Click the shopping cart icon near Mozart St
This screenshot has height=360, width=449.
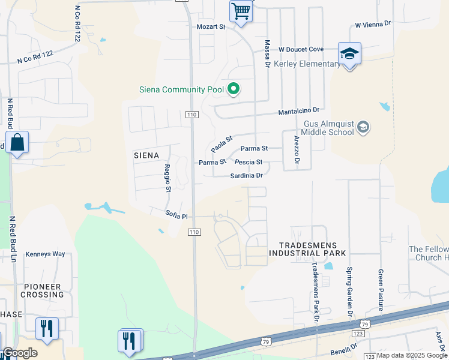click(241, 11)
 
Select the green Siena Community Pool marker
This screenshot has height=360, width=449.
click(233, 90)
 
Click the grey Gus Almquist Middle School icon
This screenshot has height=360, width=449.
click(363, 127)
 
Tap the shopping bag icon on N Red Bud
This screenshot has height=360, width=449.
click(17, 143)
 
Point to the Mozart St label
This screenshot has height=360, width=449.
click(211, 27)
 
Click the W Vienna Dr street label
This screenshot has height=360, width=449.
click(373, 25)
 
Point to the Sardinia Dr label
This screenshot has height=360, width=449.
click(246, 176)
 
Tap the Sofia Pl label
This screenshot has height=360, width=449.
click(176, 215)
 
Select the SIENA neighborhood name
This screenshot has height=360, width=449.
click(146, 155)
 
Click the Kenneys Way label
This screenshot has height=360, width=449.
click(45, 254)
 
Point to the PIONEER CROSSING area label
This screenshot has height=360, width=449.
click(42, 290)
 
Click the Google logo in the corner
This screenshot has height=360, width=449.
click(20, 353)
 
